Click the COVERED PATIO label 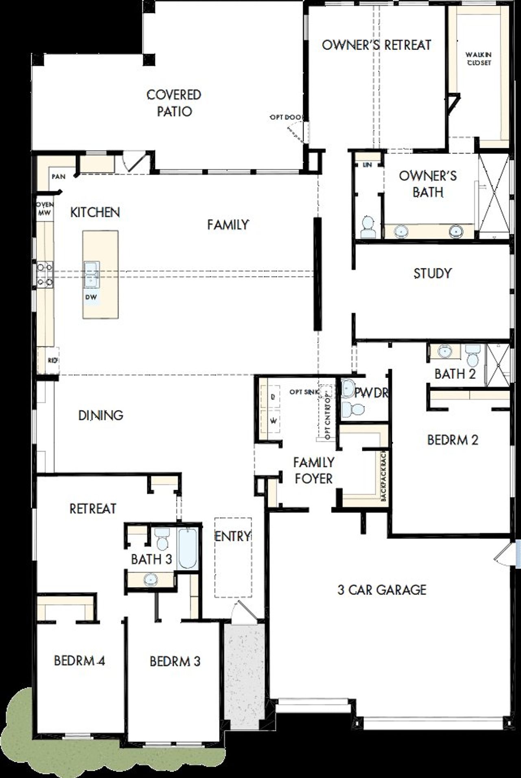[x=174, y=103]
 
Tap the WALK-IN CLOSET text [x=479, y=59]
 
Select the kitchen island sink [x=91, y=274]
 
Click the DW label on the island [x=91, y=297]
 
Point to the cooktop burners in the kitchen [x=44, y=274]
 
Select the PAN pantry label [x=59, y=177]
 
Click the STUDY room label [x=433, y=273]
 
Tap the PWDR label [x=371, y=393]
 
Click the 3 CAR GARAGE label [x=382, y=589]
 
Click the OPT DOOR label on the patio [x=286, y=117]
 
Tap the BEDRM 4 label [x=80, y=661]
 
